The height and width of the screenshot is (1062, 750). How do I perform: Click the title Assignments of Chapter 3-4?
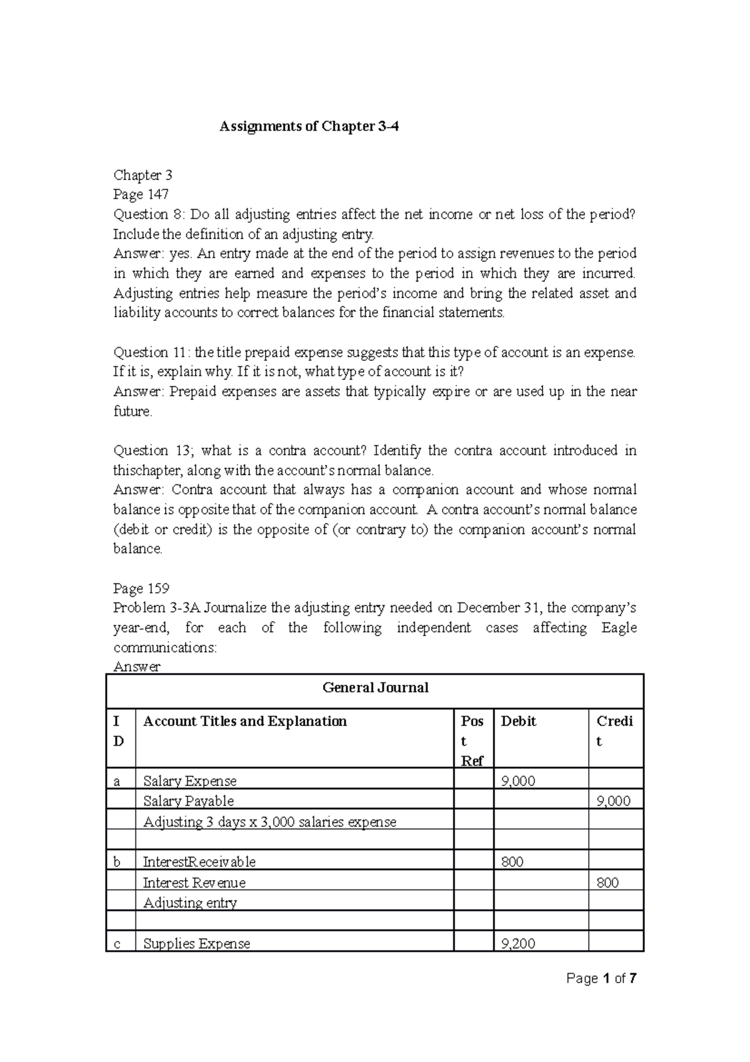point(309,127)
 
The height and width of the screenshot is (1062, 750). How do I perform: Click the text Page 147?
point(141,195)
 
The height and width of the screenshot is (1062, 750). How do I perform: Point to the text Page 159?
point(141,589)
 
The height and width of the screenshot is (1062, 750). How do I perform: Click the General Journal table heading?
point(375,688)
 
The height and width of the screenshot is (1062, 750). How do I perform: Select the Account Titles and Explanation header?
point(245,721)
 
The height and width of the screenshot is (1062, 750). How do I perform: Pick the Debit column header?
point(518,721)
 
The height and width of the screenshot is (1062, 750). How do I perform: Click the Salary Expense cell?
point(190,781)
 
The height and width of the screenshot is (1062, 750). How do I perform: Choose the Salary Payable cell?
point(188,801)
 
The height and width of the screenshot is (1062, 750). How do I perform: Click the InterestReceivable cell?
point(199,862)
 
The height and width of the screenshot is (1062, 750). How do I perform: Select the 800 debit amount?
point(512,862)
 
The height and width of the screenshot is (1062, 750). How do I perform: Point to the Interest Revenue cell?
point(194,882)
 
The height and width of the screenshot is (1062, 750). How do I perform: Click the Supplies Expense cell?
point(196,943)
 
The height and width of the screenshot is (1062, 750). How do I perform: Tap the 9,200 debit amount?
point(518,943)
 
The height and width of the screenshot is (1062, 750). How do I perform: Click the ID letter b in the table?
point(117,862)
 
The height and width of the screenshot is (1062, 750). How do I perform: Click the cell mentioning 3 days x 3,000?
point(269,822)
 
